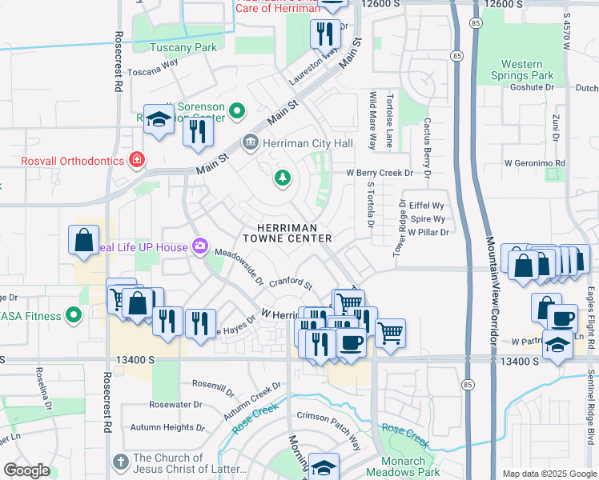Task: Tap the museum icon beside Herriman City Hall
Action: pos(250,143)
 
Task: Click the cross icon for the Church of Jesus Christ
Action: pos(120,462)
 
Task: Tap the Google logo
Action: pos(26,470)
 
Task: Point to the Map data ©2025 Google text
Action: pos(548,474)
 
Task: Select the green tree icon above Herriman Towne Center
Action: pos(282,178)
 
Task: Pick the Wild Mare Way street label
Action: pos(372,120)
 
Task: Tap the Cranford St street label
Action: pos(290,283)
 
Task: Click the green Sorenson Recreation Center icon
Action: pos(237,111)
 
